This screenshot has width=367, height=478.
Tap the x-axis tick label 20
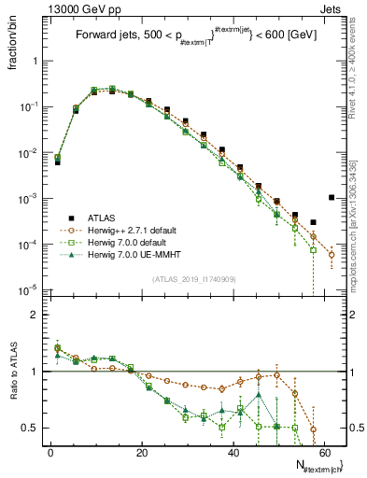142,452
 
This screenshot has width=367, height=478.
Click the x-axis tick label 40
233,452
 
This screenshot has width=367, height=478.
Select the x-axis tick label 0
50,452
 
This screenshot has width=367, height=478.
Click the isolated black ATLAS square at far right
332,197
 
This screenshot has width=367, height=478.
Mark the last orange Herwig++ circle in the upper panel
332,253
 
